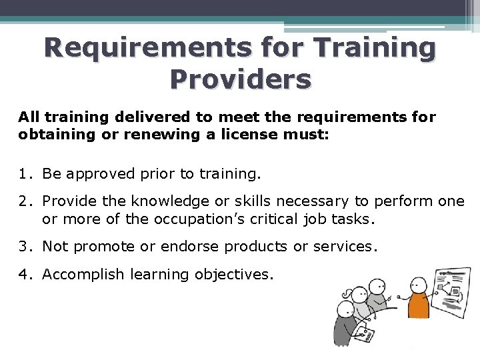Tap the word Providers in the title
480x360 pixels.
click(x=240, y=79)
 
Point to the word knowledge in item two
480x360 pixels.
click(x=164, y=201)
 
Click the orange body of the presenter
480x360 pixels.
click(x=418, y=303)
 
